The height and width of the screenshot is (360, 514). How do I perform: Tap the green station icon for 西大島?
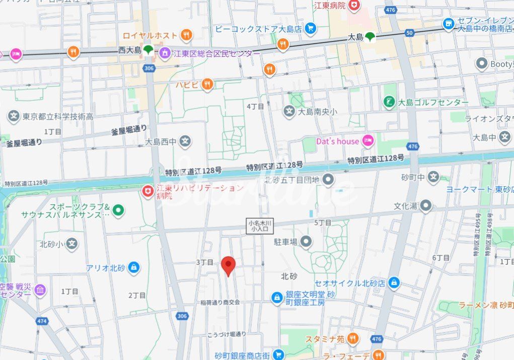(148, 50)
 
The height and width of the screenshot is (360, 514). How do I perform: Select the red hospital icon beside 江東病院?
(355, 5)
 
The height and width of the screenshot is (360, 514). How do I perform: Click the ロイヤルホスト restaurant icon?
(186, 35)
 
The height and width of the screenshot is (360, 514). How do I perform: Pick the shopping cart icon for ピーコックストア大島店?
(311, 29)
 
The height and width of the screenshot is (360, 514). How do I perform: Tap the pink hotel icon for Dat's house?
(368, 141)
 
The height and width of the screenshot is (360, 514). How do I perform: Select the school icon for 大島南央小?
(289, 111)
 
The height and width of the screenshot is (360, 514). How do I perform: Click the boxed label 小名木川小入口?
(260, 226)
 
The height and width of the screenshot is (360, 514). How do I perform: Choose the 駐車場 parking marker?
(306, 242)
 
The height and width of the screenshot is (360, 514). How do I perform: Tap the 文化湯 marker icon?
(426, 205)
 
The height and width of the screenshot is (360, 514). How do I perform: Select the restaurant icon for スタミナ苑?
(353, 339)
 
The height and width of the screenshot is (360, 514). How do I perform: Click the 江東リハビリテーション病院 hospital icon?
(148, 192)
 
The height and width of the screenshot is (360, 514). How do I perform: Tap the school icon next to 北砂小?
(72, 244)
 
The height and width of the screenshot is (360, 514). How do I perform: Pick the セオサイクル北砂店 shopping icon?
(394, 283)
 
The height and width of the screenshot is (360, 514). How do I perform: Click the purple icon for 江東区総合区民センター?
(165, 53)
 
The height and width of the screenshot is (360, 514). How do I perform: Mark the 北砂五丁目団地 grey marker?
(328, 179)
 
